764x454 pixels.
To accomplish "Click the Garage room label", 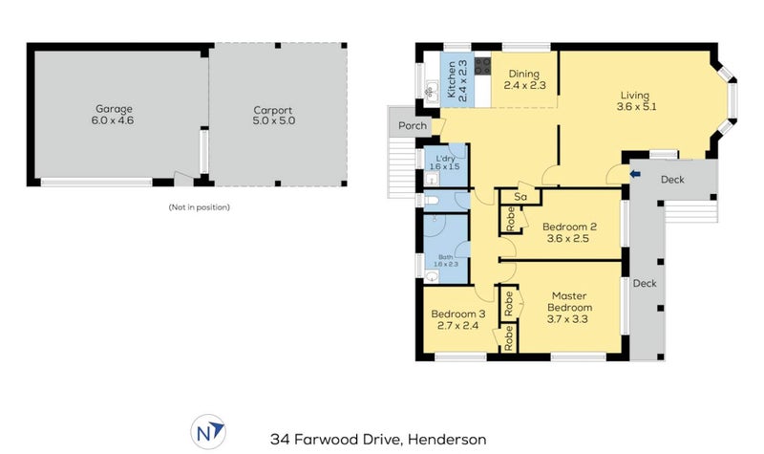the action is [x=114, y=109].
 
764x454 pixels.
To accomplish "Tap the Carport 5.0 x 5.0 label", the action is [x=273, y=116].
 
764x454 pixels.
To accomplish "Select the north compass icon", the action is [x=208, y=432].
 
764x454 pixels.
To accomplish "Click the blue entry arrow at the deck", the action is [x=635, y=174].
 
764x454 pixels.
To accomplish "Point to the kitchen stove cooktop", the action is [x=482, y=66].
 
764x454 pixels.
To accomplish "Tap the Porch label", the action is [x=413, y=126].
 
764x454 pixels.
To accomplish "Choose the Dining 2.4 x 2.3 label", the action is [x=524, y=79].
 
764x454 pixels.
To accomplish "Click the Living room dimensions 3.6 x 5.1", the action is [x=636, y=106].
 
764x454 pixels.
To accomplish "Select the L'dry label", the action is [x=445, y=159].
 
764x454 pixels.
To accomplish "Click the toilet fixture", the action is [x=431, y=200].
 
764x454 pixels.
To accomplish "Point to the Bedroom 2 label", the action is [x=569, y=227].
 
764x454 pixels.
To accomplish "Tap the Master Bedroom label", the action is [x=569, y=302].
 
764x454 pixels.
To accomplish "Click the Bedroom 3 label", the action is [x=457, y=314].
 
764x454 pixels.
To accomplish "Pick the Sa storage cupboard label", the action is [x=520, y=197].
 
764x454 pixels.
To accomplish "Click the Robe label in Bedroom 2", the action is [x=511, y=219].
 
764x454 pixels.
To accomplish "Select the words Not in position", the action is [x=199, y=207].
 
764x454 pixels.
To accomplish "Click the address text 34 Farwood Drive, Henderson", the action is [x=378, y=440].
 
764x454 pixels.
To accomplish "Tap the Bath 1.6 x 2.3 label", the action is [x=446, y=260].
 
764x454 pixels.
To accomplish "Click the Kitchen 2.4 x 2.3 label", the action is [x=457, y=80].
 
